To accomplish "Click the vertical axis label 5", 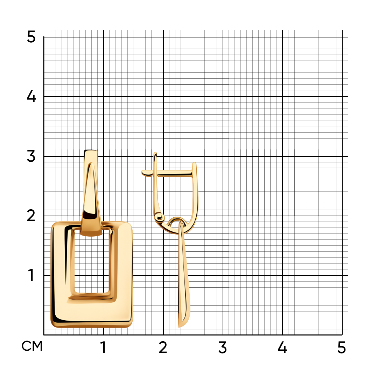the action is (x=31, y=37).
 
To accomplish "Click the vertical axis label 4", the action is (x=31, y=96).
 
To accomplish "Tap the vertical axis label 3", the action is (x=31, y=156).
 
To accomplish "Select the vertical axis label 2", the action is (x=31, y=216).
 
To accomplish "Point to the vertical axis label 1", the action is (x=31, y=275).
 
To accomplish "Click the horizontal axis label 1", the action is (x=103, y=348).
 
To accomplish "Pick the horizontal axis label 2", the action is (x=163, y=348).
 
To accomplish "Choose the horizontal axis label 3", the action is (x=223, y=348).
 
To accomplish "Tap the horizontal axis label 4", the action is (x=282, y=348).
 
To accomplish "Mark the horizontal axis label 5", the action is (x=342, y=348).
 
